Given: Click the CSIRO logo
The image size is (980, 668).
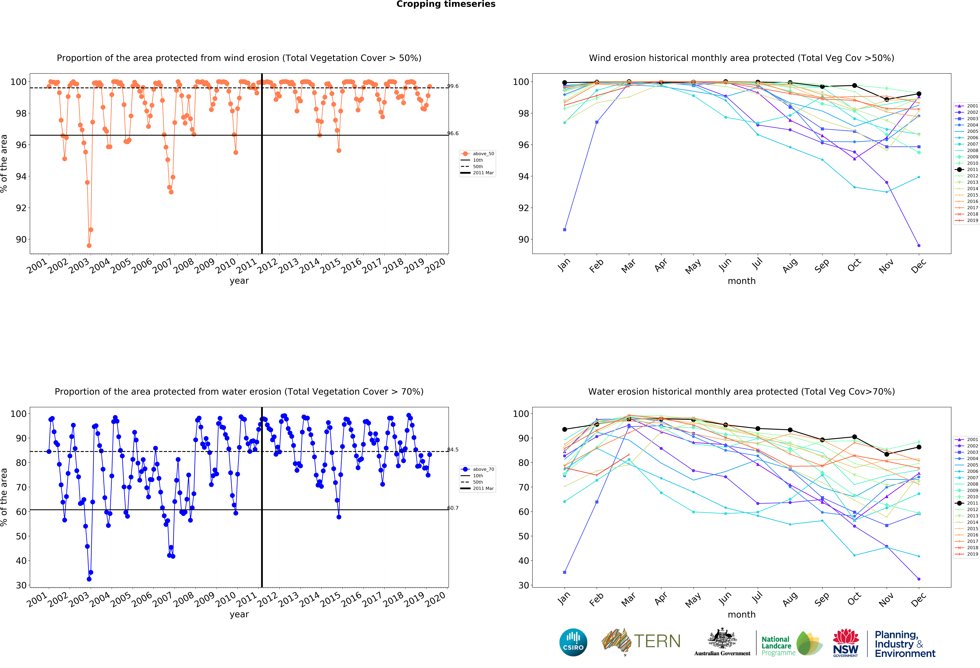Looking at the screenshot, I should (573, 642).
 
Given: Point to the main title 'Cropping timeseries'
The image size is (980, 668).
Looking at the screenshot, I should (446, 4).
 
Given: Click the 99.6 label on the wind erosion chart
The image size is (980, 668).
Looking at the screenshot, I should (453, 86).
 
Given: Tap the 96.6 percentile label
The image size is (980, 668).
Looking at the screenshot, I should (453, 133).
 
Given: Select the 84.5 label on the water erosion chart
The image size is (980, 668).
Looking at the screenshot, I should (453, 450).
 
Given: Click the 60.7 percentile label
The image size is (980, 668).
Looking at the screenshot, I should (453, 508).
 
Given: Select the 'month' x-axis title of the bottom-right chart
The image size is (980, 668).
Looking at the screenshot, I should (741, 614).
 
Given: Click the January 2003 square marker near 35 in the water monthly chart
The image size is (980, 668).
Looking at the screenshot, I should (565, 572).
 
